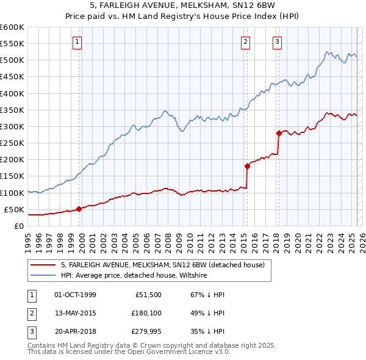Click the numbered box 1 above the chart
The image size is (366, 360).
(78, 42)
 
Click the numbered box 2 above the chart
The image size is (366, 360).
(245, 42)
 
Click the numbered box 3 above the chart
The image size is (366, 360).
(277, 42)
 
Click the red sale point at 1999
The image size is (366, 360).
(79, 209)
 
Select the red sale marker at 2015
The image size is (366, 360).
(247, 166)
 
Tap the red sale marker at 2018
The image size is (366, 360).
(279, 133)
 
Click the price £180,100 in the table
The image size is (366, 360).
(144, 313)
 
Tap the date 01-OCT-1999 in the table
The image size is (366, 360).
(75, 295)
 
